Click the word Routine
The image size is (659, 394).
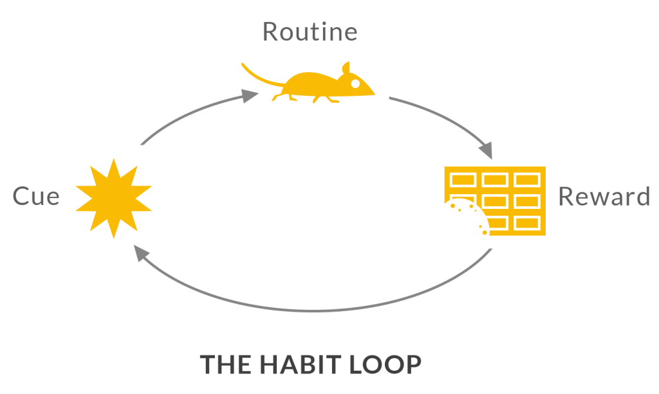(x=310, y=31)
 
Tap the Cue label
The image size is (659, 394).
(x=36, y=196)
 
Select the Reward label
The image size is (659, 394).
(x=604, y=196)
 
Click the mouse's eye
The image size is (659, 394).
(x=355, y=83)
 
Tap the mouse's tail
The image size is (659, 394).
(x=260, y=76)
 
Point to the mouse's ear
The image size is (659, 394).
(x=346, y=68)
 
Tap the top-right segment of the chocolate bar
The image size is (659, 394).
(x=527, y=179)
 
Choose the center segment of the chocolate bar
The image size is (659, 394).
(x=495, y=201)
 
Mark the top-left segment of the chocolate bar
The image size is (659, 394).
(x=463, y=179)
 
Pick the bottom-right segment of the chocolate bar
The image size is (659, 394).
(x=527, y=223)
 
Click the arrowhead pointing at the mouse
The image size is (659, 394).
(x=251, y=95)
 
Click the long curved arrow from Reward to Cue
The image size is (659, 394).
(x=315, y=309)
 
